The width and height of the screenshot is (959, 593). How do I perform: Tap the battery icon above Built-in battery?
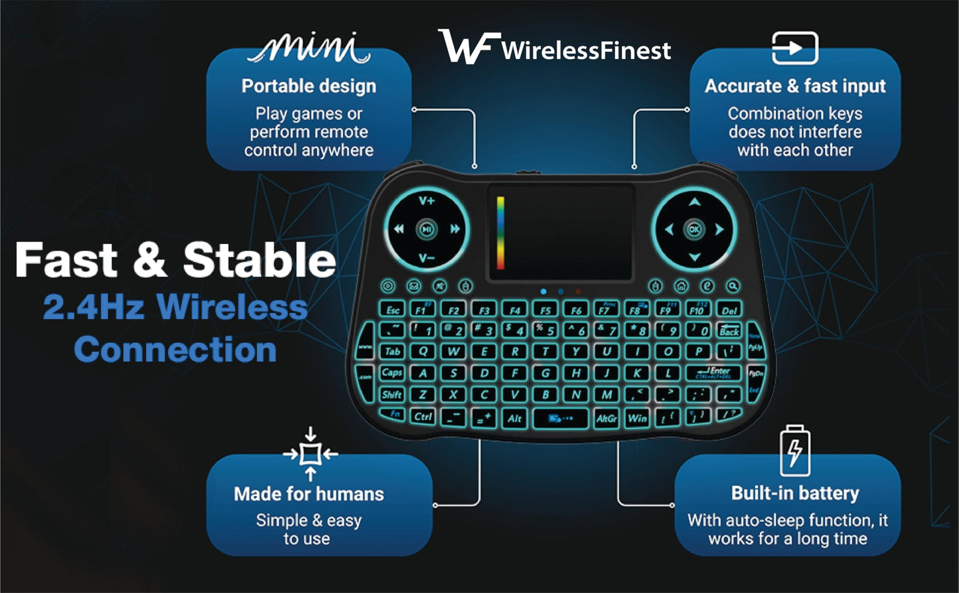[794, 451]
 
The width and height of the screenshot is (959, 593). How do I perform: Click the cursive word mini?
[309, 49]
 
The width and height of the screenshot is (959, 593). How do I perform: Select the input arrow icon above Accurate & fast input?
[794, 49]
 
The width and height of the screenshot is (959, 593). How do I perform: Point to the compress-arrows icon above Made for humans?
[310, 454]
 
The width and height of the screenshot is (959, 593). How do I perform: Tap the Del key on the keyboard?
[729, 310]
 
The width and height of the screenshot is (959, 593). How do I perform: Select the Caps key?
[392, 373]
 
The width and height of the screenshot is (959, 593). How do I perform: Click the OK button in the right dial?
[694, 230]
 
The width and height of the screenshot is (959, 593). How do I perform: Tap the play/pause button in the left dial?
[427, 230]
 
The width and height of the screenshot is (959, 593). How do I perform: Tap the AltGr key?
[607, 418]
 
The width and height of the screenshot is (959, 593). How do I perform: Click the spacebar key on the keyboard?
[559, 418]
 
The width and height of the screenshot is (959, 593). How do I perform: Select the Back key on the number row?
[729, 330]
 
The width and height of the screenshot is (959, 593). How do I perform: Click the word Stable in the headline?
[259, 260]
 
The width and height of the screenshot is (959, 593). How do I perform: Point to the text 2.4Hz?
[93, 307]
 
